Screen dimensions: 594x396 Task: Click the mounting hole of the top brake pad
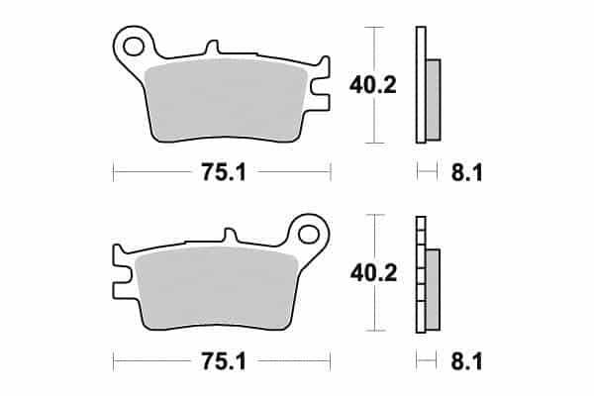pyautogui.click(x=134, y=47)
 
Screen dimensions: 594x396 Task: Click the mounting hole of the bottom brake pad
pyautogui.click(x=308, y=234)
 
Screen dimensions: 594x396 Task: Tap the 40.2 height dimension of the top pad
pyautogui.click(x=373, y=85)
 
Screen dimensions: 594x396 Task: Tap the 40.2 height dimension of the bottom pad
pyautogui.click(x=373, y=273)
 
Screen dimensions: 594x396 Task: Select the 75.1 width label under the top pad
pyautogui.click(x=224, y=172)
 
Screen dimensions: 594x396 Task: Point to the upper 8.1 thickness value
pyautogui.click(x=467, y=173)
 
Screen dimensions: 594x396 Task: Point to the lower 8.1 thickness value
pyautogui.click(x=466, y=361)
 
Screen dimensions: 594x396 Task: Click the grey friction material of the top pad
pyautogui.click(x=226, y=100)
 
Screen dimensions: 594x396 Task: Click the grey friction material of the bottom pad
pyautogui.click(x=217, y=289)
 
